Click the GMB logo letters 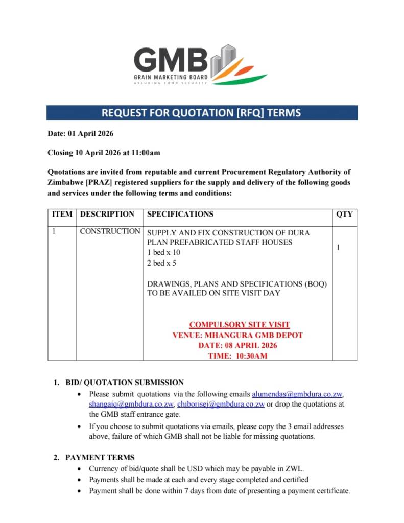(x=171, y=60)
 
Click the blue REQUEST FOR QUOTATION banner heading (x=201, y=112)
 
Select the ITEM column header (x=62, y=215)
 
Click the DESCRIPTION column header (x=107, y=215)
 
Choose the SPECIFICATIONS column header (x=180, y=215)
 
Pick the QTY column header (x=344, y=215)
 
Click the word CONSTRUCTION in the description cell (x=110, y=232)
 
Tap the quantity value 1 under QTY (x=338, y=248)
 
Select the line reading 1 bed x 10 (x=163, y=253)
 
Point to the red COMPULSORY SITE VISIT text (x=239, y=325)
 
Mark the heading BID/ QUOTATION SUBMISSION (x=125, y=383)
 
